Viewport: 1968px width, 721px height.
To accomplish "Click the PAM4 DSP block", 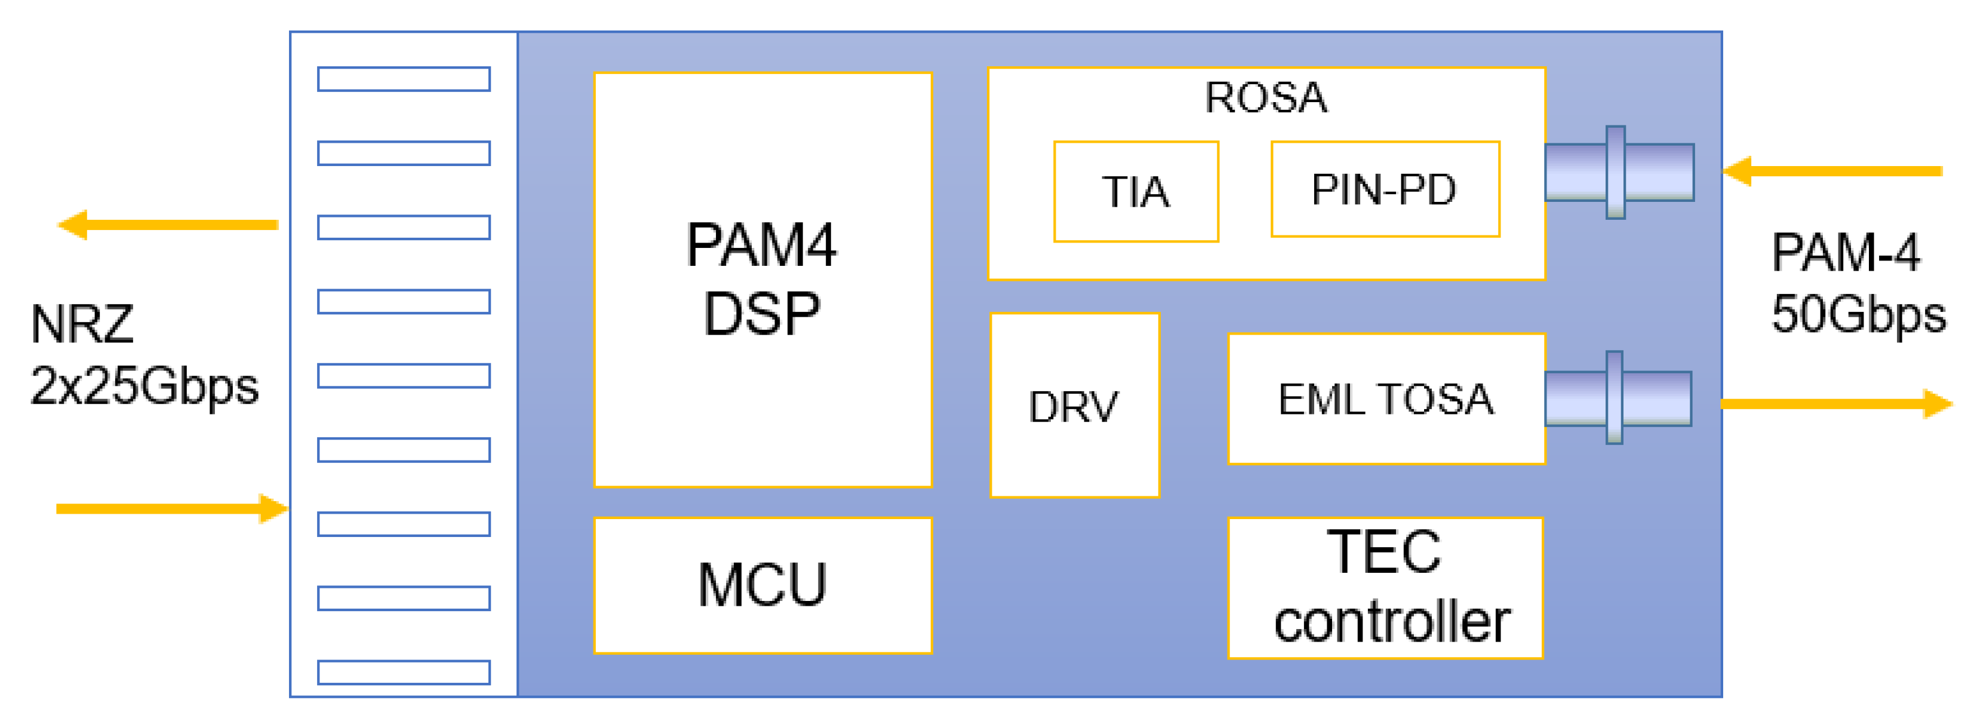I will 762,280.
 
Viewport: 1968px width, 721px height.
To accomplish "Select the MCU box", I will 762,585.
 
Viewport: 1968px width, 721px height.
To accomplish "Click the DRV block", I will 1074,405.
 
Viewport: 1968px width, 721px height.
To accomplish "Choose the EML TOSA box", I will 1386,399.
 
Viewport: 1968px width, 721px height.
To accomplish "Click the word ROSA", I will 1266,98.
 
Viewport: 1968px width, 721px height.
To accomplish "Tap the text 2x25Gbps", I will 144,386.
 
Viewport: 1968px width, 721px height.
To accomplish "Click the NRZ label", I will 82,325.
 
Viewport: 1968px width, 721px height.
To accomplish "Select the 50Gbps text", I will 1858,315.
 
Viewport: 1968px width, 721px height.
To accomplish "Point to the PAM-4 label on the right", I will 1845,253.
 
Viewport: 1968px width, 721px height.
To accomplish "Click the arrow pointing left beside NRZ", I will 168,225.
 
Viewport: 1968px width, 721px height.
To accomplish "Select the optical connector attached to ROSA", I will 1619,173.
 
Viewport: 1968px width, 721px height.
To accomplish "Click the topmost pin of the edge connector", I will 404,79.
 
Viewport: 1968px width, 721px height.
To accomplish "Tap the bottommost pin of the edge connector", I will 404,672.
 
